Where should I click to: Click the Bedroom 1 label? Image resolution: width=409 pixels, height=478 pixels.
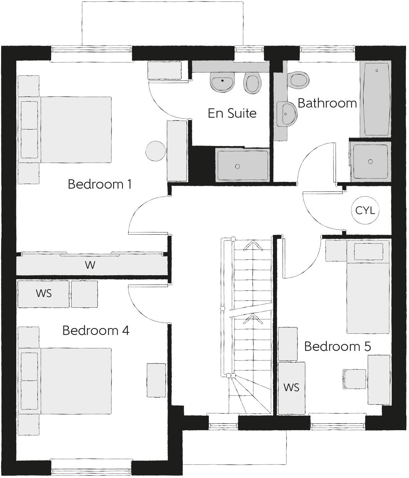point(99,184)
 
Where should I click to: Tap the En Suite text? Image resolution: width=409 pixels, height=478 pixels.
point(232,113)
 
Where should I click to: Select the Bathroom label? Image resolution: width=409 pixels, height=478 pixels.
point(327,103)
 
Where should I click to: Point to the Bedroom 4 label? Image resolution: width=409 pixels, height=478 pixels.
point(96,331)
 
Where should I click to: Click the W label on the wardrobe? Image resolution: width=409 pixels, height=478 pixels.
point(90,265)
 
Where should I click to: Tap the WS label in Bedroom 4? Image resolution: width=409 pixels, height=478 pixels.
point(44,293)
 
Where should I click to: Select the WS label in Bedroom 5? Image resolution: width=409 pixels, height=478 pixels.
point(292,387)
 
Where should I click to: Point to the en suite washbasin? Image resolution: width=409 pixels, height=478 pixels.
point(222,82)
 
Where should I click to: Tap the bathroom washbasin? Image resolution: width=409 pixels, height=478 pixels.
point(286,114)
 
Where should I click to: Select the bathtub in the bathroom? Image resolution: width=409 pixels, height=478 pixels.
point(376,99)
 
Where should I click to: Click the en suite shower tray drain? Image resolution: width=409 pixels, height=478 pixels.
point(237,166)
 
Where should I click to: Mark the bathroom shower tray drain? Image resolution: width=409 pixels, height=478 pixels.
point(370,162)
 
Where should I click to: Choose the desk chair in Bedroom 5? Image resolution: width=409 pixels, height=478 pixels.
point(355,379)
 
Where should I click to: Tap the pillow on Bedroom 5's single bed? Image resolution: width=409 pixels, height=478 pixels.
point(368,251)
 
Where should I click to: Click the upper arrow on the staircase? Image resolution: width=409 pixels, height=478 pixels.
point(253,246)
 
